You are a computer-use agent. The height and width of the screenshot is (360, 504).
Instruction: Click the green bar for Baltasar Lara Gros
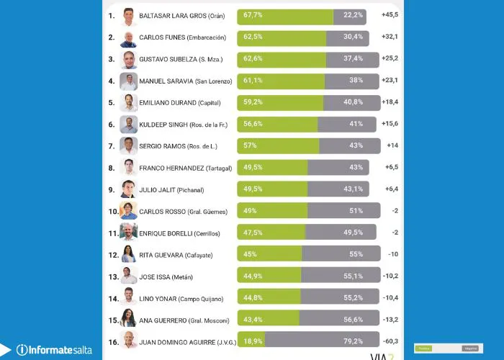point(285,16)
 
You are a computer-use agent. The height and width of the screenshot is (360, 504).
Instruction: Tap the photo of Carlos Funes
point(128,37)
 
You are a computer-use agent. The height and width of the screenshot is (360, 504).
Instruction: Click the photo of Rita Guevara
point(128,253)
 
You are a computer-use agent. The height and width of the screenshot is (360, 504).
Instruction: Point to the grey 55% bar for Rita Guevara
point(341,253)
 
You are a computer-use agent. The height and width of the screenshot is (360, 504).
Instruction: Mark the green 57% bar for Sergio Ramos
point(278,145)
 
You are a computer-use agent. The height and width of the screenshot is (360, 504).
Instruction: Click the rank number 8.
point(112,167)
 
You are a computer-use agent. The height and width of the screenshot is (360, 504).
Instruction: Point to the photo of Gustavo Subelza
point(128,59)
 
